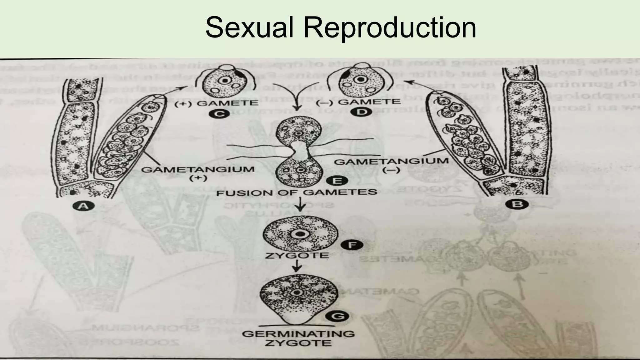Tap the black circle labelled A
pos(83,206)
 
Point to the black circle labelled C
pos(220,114)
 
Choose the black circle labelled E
pos(337,181)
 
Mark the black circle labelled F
pos(352,245)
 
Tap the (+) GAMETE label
pos(216,103)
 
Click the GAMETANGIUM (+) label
pos(198,173)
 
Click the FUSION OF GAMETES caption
pos(297,192)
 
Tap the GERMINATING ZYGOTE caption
pos(298,338)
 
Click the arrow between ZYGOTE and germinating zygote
pos(297,266)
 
